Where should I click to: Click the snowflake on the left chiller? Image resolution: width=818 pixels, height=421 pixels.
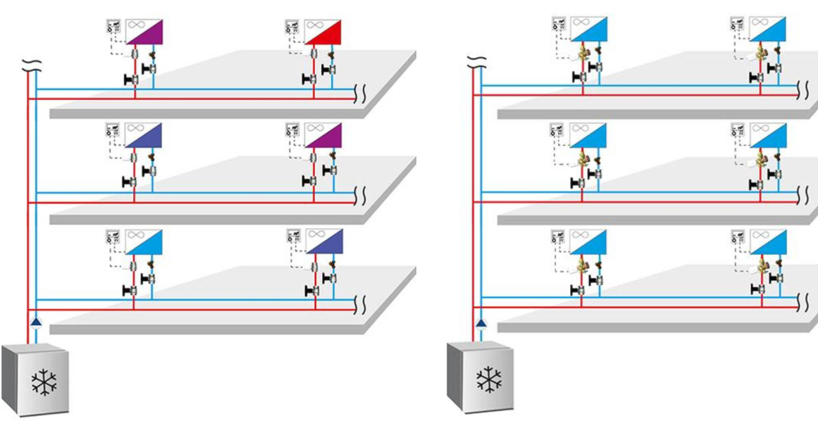click(x=43, y=382)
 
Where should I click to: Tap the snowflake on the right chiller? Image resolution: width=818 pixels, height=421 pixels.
click(x=488, y=379)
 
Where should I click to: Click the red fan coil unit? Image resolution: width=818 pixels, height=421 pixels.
click(x=331, y=32)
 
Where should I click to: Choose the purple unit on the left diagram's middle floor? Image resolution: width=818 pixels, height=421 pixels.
click(x=331, y=137)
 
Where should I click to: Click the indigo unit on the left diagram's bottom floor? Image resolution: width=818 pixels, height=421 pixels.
click(x=331, y=242)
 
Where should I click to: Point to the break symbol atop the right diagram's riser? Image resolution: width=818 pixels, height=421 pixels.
click(x=478, y=61)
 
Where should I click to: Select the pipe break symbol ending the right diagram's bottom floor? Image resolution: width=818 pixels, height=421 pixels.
click(x=803, y=303)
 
